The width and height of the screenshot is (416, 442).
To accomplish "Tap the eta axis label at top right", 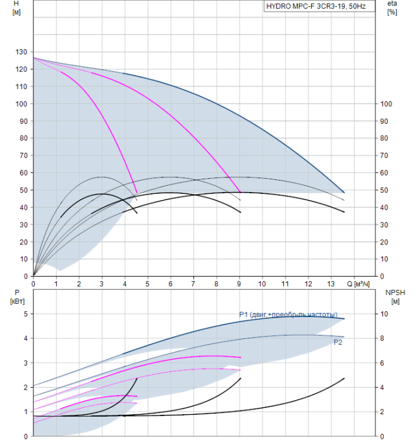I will (392, 4).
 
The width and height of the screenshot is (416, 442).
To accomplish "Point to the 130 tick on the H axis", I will (21, 52).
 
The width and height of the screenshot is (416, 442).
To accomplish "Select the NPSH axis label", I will (394, 292).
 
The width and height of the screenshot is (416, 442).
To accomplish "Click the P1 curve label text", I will (288, 314).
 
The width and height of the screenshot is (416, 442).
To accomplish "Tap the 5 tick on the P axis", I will (26, 314).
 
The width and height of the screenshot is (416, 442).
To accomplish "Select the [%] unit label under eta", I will (392, 13).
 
